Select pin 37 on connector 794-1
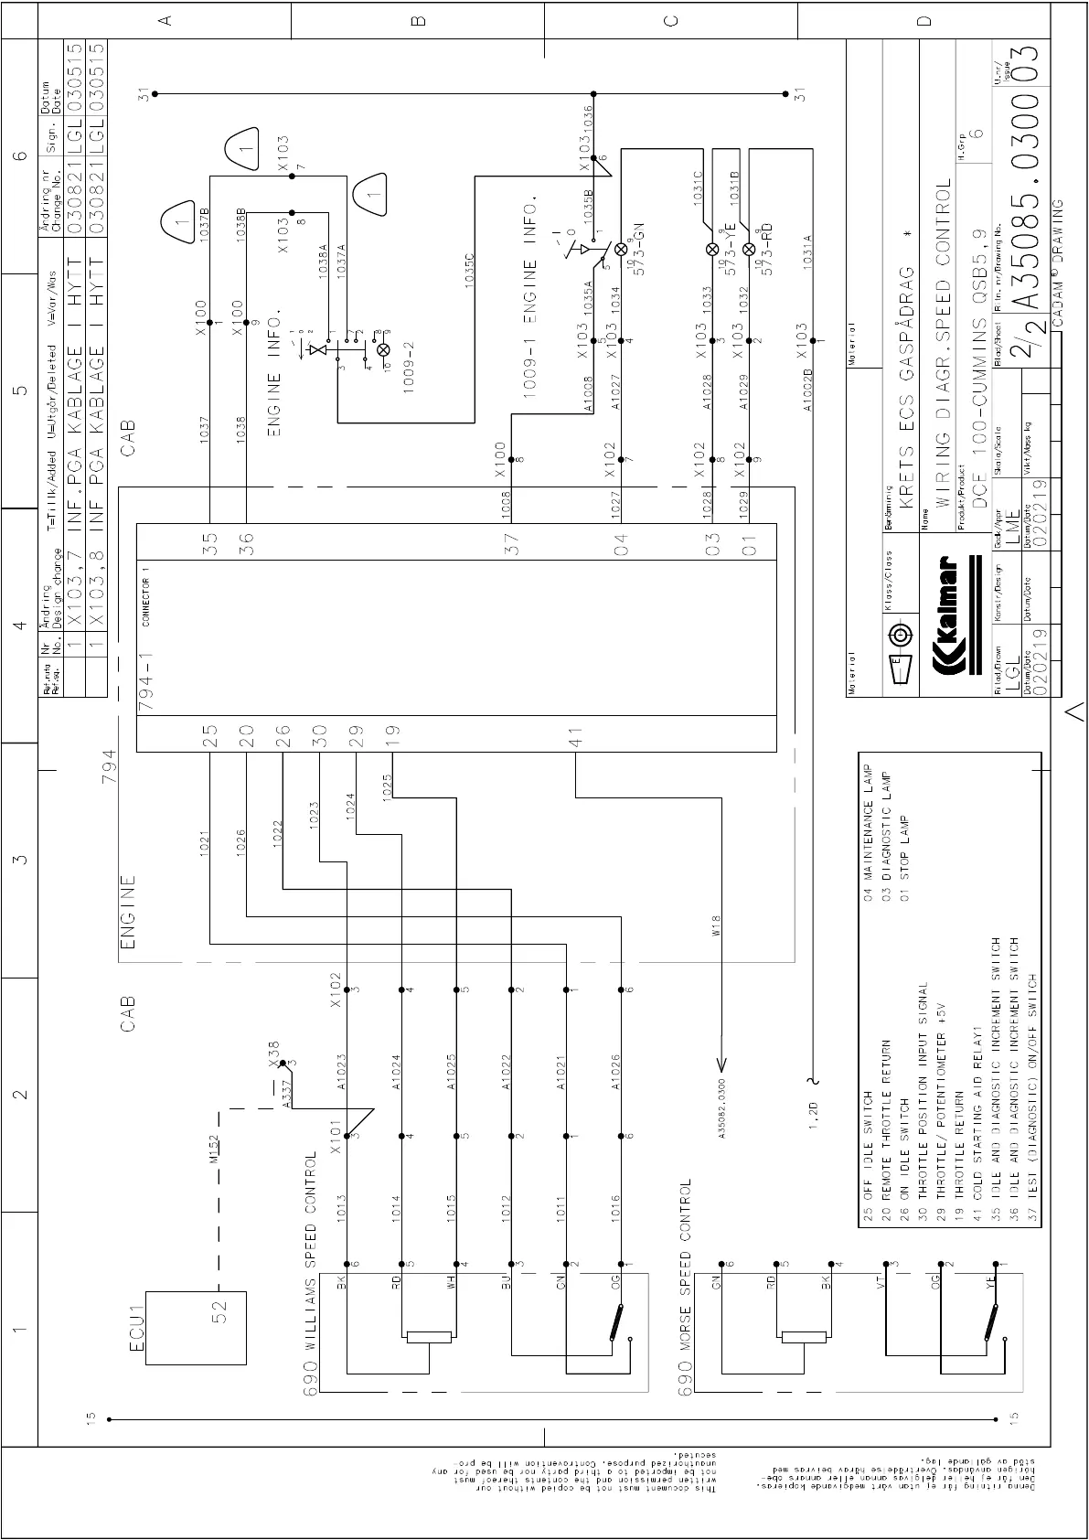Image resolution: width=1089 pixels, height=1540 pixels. [x=514, y=545]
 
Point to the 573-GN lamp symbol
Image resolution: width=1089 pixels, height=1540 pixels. [x=621, y=249]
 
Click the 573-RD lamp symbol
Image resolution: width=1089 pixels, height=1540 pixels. [x=749, y=249]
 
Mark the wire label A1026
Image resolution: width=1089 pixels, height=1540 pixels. [x=615, y=1071]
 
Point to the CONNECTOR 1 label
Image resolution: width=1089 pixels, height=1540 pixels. [x=146, y=594]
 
